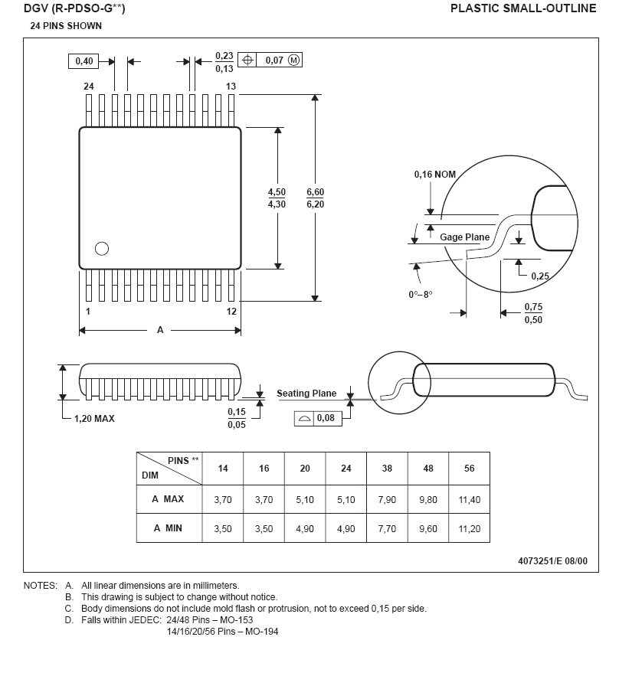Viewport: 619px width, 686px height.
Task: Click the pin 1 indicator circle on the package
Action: click(101, 248)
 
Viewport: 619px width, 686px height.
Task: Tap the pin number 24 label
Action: click(89, 87)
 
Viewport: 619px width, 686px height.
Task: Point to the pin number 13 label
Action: click(231, 87)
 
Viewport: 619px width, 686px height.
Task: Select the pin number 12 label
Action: click(231, 312)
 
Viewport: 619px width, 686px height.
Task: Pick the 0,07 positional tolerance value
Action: click(274, 60)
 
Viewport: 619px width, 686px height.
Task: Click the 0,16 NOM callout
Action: click(435, 175)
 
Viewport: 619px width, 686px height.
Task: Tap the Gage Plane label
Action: click(464, 237)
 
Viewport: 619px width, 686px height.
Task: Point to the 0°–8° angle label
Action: click(421, 295)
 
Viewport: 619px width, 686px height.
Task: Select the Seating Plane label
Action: click(306, 394)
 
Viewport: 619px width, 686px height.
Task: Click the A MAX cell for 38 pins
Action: click(387, 499)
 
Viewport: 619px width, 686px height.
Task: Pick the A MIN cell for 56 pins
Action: click(469, 528)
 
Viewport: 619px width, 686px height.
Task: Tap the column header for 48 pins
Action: click(428, 468)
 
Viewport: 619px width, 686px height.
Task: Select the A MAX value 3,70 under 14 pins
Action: click(223, 499)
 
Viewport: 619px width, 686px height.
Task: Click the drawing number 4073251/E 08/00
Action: click(552, 560)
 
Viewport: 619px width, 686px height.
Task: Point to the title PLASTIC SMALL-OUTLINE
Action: click(522, 8)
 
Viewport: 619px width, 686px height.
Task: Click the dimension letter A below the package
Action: click(160, 330)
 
